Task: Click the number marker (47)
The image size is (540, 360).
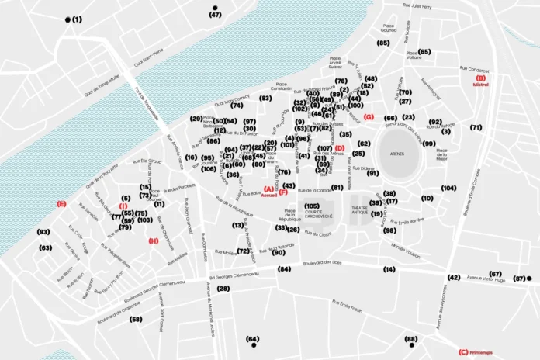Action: pyautogui.click(x=215, y=15)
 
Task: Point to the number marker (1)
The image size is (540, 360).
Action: pyautogui.click(x=76, y=19)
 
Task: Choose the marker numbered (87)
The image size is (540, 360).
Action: pyautogui.click(x=520, y=279)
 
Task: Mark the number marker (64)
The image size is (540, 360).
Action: pyautogui.click(x=252, y=339)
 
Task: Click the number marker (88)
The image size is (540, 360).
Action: pyautogui.click(x=410, y=339)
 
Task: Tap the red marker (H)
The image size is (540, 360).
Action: pyautogui.click(x=153, y=241)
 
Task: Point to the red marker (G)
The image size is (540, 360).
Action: pyautogui.click(x=369, y=117)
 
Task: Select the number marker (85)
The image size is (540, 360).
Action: pyautogui.click(x=382, y=43)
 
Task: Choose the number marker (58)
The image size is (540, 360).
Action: pyautogui.click(x=136, y=319)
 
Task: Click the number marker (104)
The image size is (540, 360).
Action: pyautogui.click(x=448, y=188)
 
